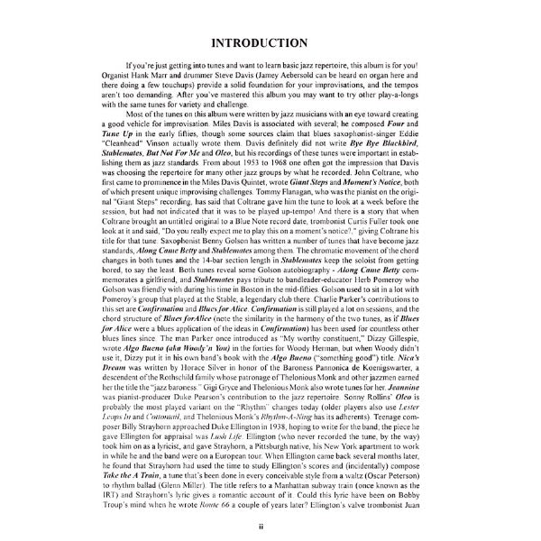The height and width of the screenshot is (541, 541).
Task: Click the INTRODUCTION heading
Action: (270, 43)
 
